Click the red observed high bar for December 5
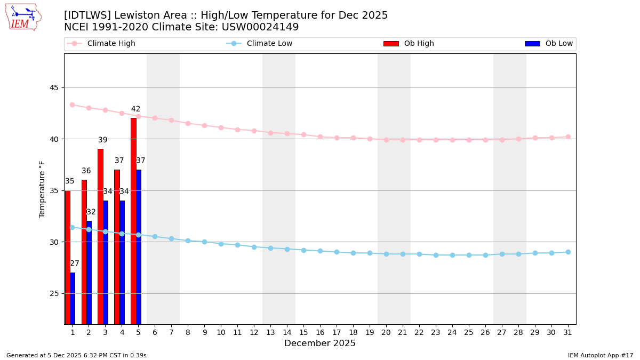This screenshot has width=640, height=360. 133,221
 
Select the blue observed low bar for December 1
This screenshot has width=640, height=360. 73,298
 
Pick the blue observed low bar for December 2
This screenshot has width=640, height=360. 89,273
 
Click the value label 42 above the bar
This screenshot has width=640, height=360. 136,109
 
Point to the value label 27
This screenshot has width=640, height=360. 75,263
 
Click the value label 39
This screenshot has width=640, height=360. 102,140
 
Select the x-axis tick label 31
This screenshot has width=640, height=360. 568,332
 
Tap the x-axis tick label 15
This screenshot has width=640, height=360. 303,332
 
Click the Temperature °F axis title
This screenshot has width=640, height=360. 42,189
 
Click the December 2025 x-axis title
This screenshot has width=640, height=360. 320,343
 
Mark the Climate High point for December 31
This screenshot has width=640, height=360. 568,137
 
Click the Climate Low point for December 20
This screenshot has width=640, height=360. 386,254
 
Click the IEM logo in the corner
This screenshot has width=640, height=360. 23,17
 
